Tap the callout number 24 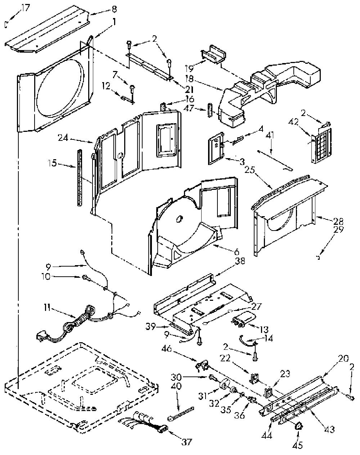[x=63, y=138]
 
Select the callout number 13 [x=264, y=329]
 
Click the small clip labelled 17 [x=6, y=24]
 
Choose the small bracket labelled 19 [x=213, y=54]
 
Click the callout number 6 [x=237, y=252]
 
